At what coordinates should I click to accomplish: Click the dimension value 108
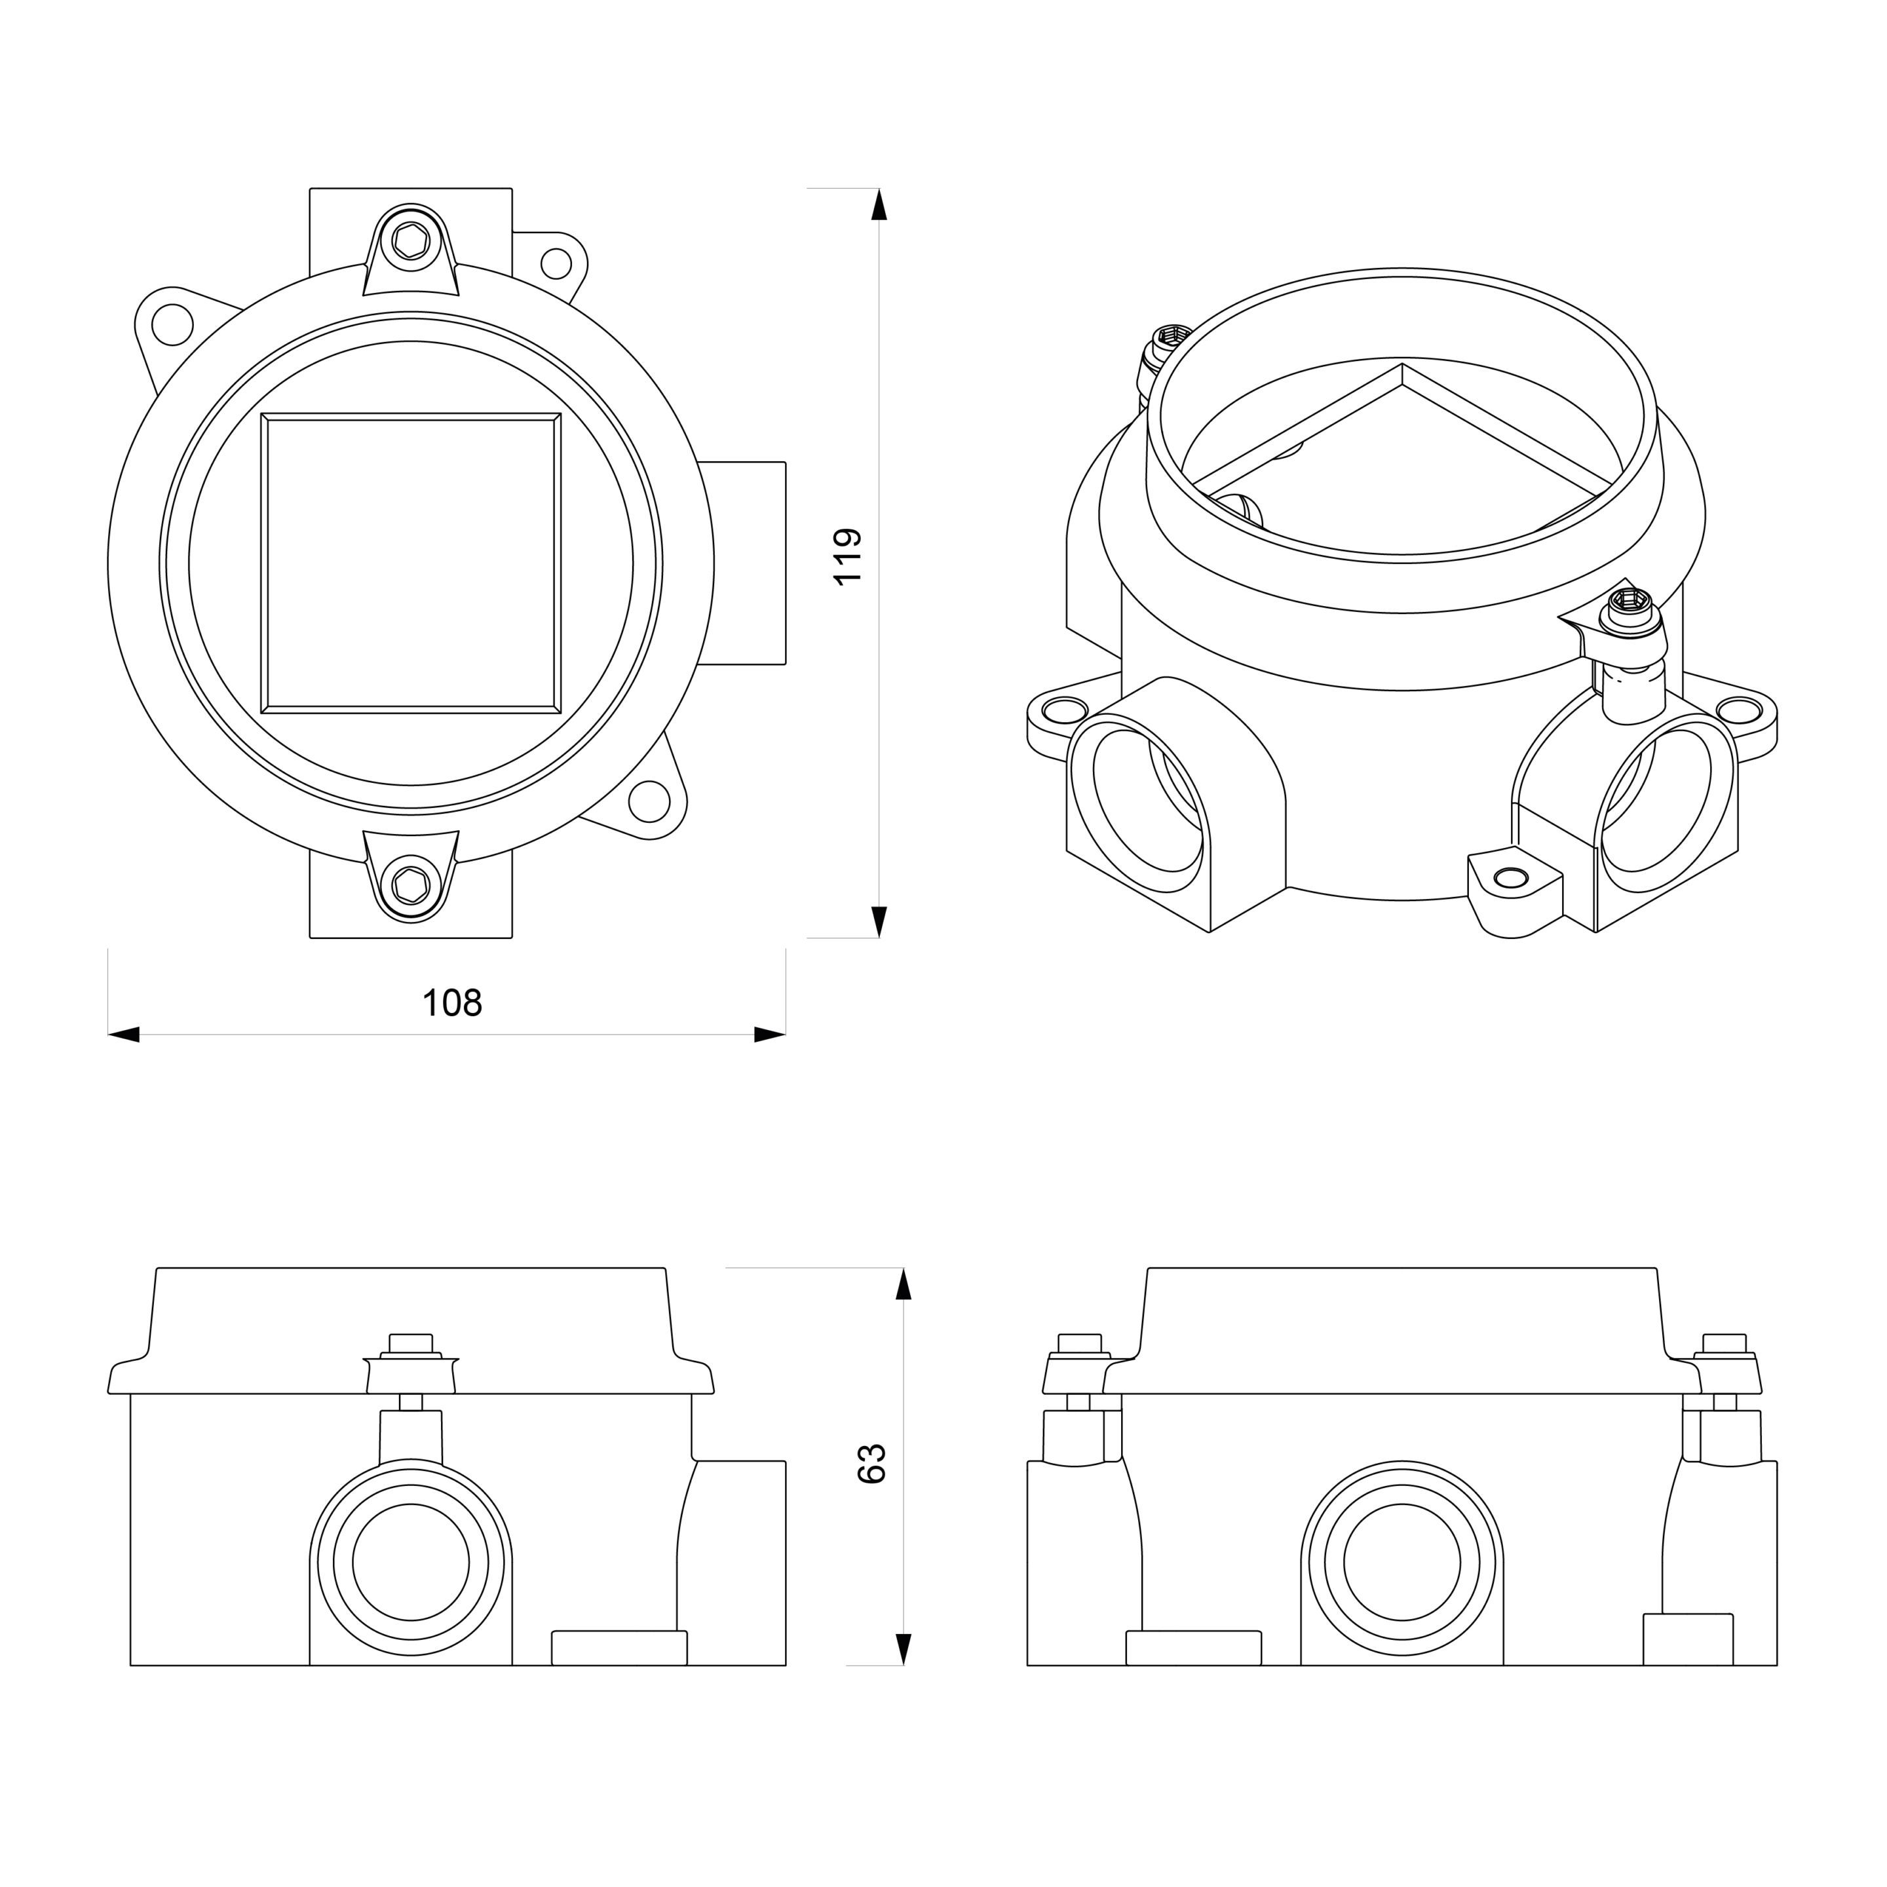coord(451,1003)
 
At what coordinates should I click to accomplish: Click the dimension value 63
coord(871,1463)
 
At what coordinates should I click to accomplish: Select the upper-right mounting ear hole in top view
coord(556,263)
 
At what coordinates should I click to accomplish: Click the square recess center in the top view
coord(411,561)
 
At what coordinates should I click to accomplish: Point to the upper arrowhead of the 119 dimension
coord(879,204)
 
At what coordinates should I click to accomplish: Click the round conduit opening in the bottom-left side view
coord(411,1563)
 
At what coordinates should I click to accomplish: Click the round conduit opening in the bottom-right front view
coord(1401,1563)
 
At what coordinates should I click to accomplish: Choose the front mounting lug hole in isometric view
coord(1513,878)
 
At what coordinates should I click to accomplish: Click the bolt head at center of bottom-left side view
coord(410,1343)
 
